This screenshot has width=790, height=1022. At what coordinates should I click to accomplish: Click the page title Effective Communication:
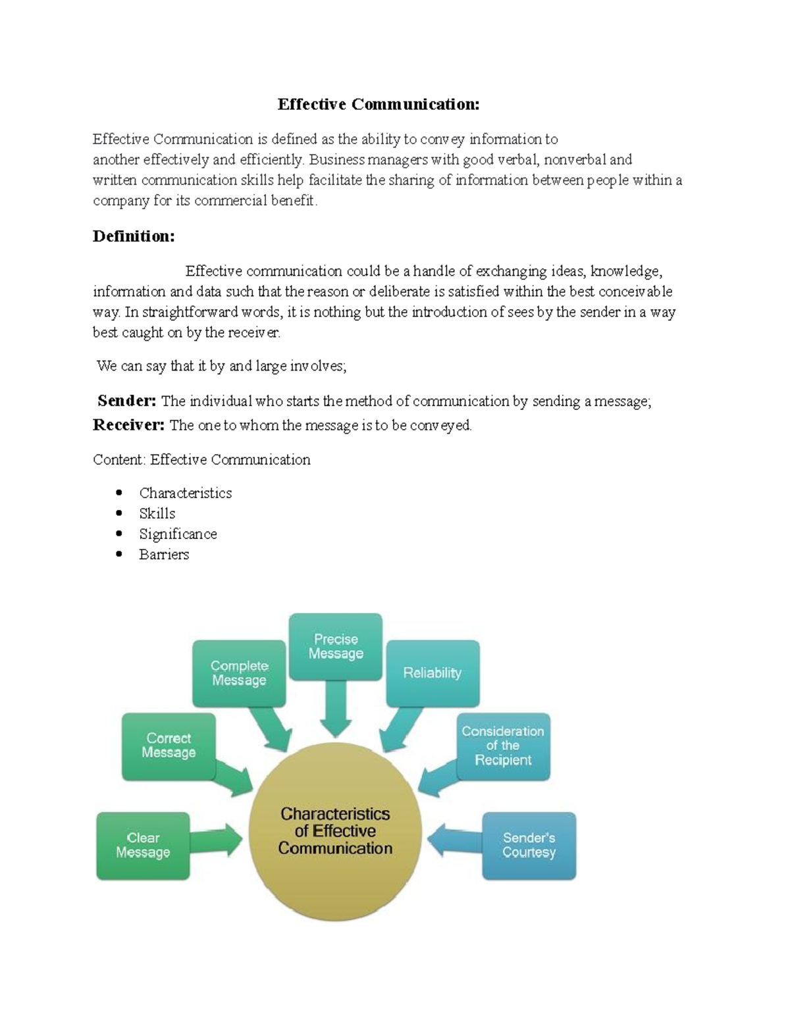[x=379, y=104]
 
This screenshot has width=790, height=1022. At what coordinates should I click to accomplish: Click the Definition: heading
[x=134, y=236]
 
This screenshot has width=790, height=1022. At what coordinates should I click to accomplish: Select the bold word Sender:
[x=127, y=401]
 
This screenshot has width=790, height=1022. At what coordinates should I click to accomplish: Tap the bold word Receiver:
[x=128, y=425]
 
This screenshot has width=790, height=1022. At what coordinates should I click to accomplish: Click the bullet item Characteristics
[x=185, y=493]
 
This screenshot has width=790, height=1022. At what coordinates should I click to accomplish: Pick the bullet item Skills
[x=157, y=513]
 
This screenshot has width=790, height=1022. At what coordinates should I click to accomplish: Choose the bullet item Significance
[x=178, y=534]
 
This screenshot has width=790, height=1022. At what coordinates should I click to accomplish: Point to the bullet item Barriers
[x=164, y=554]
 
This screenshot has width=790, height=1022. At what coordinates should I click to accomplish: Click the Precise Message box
[x=336, y=646]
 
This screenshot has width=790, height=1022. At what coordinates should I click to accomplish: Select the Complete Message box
[x=239, y=673]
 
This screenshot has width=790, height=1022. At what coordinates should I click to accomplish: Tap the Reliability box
[x=433, y=673]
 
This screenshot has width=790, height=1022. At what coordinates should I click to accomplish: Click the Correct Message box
[x=169, y=746]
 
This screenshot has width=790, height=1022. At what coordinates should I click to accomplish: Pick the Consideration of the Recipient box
[x=503, y=746]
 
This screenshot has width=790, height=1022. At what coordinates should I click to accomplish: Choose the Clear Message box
[x=143, y=845]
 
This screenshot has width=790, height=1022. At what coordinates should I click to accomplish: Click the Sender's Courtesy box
[x=529, y=845]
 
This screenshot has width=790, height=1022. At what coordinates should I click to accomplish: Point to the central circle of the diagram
[x=335, y=831]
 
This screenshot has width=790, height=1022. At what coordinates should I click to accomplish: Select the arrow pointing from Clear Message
[x=217, y=840]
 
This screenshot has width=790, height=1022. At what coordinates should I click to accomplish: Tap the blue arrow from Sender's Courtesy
[x=454, y=840]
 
